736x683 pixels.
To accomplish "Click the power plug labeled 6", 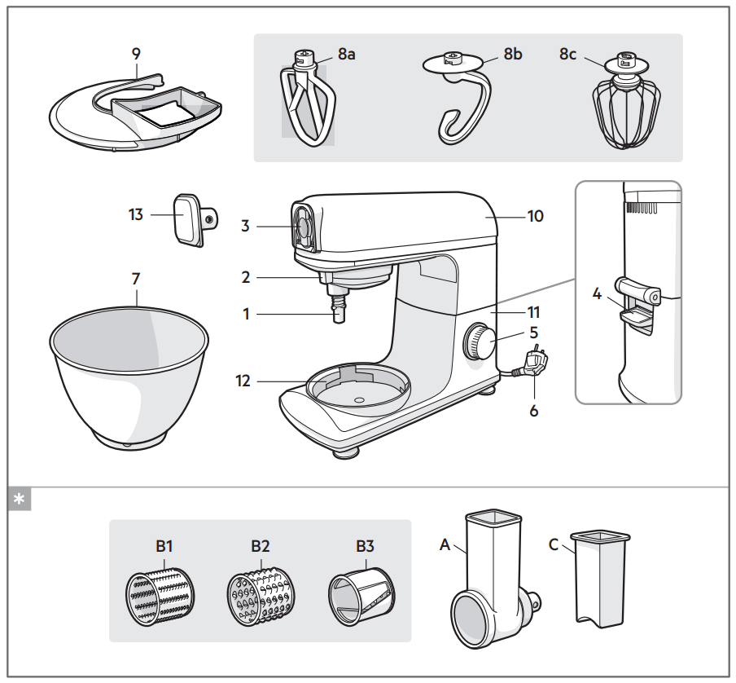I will click(536, 362).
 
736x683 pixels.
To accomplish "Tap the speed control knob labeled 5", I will click(480, 342).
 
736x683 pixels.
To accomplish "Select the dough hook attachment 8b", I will click(460, 102).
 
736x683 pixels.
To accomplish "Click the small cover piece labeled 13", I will click(191, 218).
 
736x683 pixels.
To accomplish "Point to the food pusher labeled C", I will click(602, 579).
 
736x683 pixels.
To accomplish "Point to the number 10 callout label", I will click(535, 216).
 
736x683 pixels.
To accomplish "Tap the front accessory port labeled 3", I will click(302, 226).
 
